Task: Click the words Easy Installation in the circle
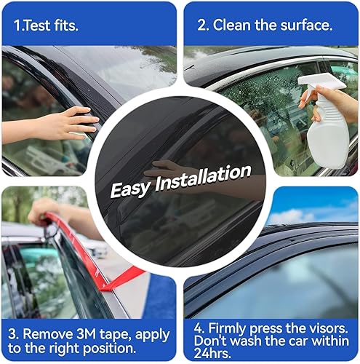click(180, 182)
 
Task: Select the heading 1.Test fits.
click(47, 24)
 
